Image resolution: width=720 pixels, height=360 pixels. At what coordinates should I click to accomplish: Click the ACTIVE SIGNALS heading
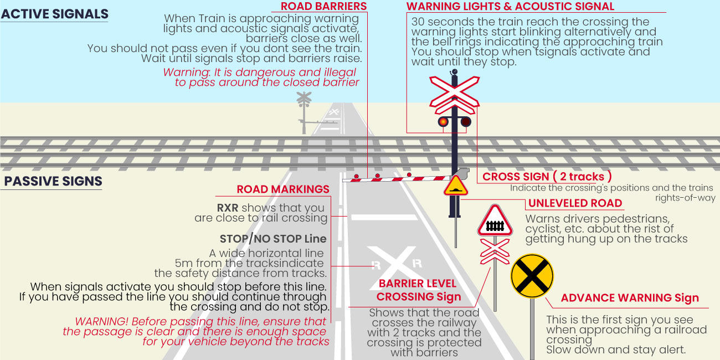(54, 14)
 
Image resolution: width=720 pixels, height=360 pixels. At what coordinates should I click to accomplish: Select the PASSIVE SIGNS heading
(53, 182)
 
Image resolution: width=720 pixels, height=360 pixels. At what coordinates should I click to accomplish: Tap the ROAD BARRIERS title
(323, 7)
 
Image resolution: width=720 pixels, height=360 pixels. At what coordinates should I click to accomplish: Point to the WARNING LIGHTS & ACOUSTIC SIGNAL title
(510, 7)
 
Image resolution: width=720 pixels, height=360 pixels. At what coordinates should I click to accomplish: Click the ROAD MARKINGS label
(283, 189)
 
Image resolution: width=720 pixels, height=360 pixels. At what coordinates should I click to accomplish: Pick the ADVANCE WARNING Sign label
(630, 298)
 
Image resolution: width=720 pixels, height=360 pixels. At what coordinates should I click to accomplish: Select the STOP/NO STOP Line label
(273, 239)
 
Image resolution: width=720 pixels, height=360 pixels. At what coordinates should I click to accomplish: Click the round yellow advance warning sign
(532, 276)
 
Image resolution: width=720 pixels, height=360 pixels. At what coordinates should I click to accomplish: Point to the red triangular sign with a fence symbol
(494, 222)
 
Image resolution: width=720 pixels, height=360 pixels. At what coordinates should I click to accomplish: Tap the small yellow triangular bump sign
(455, 186)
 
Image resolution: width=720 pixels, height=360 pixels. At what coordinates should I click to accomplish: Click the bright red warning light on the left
(443, 122)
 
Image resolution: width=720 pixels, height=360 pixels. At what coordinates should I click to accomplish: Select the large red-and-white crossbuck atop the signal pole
(454, 92)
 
